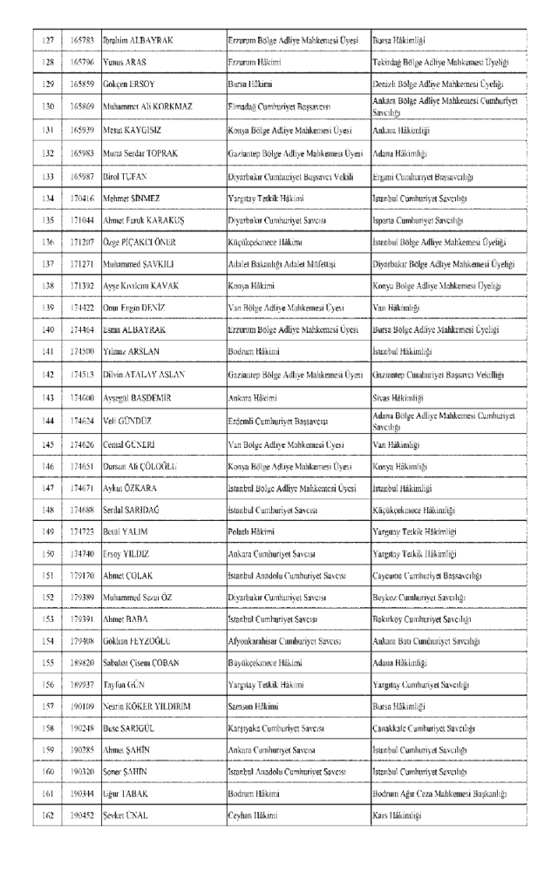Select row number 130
pos(48,107)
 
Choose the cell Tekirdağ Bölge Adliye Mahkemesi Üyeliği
pos(439,64)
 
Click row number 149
pos(48,531)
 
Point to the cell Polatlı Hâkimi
pos(253,531)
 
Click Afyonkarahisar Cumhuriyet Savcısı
pos(283,644)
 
